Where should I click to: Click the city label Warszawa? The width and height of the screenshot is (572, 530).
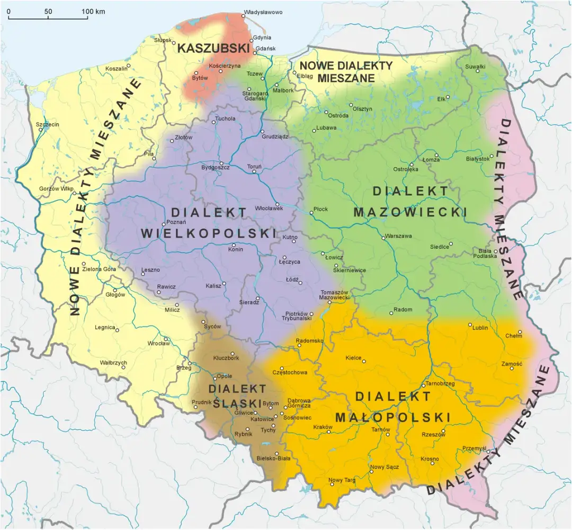399,236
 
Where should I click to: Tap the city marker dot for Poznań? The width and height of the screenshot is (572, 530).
164,223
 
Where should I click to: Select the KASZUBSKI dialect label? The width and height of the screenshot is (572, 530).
213,48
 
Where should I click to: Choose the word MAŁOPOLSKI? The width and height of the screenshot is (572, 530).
403,416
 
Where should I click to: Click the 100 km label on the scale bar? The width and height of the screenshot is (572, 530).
93,12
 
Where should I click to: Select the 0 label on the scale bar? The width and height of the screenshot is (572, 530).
8,12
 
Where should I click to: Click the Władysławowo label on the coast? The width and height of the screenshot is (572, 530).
263,12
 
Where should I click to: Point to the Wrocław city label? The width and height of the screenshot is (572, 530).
158,343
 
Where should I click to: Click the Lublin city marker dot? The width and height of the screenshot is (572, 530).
469,325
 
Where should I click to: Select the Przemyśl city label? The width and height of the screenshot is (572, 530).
474,448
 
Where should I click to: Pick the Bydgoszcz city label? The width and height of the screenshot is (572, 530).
215,168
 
